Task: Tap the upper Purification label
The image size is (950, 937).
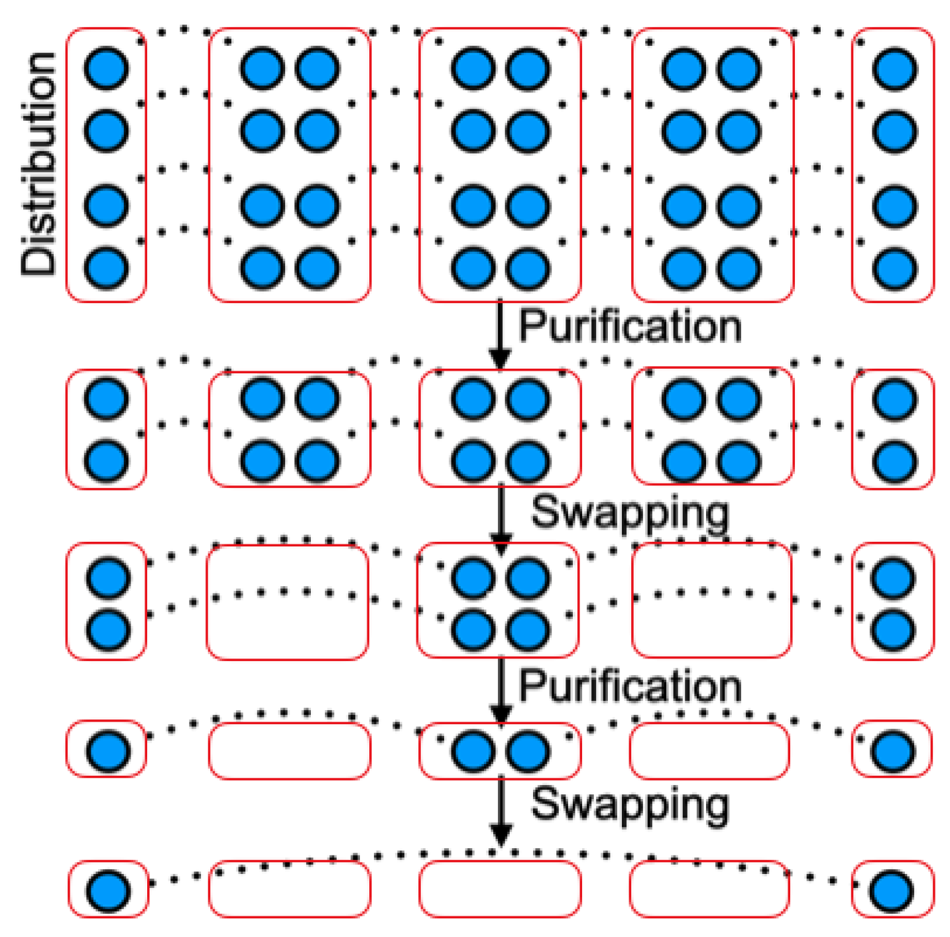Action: pyautogui.click(x=629, y=326)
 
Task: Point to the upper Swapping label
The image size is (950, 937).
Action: pyautogui.click(x=630, y=513)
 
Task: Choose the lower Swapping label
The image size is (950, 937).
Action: pyautogui.click(x=630, y=804)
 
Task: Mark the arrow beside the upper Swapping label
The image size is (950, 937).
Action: pyautogui.click(x=501, y=518)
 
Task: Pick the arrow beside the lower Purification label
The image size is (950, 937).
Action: pyautogui.click(x=501, y=690)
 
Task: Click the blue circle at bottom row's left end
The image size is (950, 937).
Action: pyautogui.click(x=109, y=890)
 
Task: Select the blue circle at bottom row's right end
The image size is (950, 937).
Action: pyautogui.click(x=892, y=890)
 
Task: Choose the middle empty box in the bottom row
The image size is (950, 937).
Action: pyautogui.click(x=500, y=889)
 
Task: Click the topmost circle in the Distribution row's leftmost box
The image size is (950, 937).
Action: pyautogui.click(x=106, y=68)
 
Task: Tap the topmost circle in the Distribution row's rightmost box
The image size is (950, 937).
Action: pyautogui.click(x=895, y=68)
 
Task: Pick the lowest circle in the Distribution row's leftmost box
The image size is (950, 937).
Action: pyautogui.click(x=106, y=268)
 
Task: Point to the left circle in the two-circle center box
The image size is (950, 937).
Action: pyautogui.click(x=473, y=751)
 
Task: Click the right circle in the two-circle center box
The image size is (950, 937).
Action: pyautogui.click(x=528, y=751)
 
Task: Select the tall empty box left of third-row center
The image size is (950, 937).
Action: pyautogui.click(x=288, y=602)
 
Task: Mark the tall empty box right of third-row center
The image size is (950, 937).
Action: pyautogui.click(x=711, y=601)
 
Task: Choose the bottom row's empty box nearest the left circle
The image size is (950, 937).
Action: pyautogui.click(x=290, y=889)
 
